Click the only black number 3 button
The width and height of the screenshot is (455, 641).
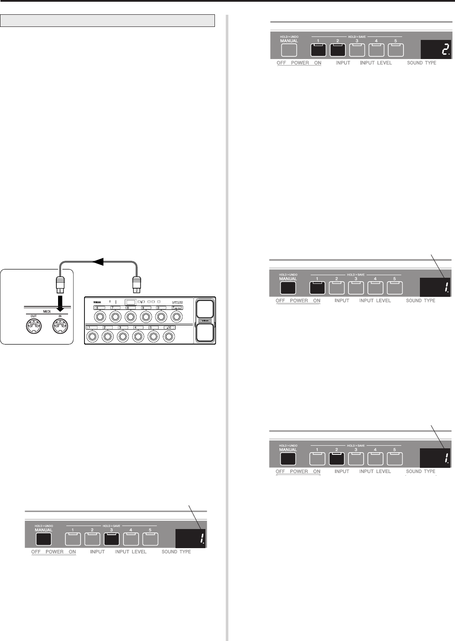(x=111, y=539)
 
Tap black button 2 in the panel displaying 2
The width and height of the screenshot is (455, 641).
(x=338, y=50)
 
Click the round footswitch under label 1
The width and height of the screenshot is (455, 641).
(x=92, y=336)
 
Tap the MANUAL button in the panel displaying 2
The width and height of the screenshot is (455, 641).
(x=289, y=50)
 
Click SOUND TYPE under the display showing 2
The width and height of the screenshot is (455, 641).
(x=422, y=63)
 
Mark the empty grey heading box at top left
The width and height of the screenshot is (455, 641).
(x=108, y=20)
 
